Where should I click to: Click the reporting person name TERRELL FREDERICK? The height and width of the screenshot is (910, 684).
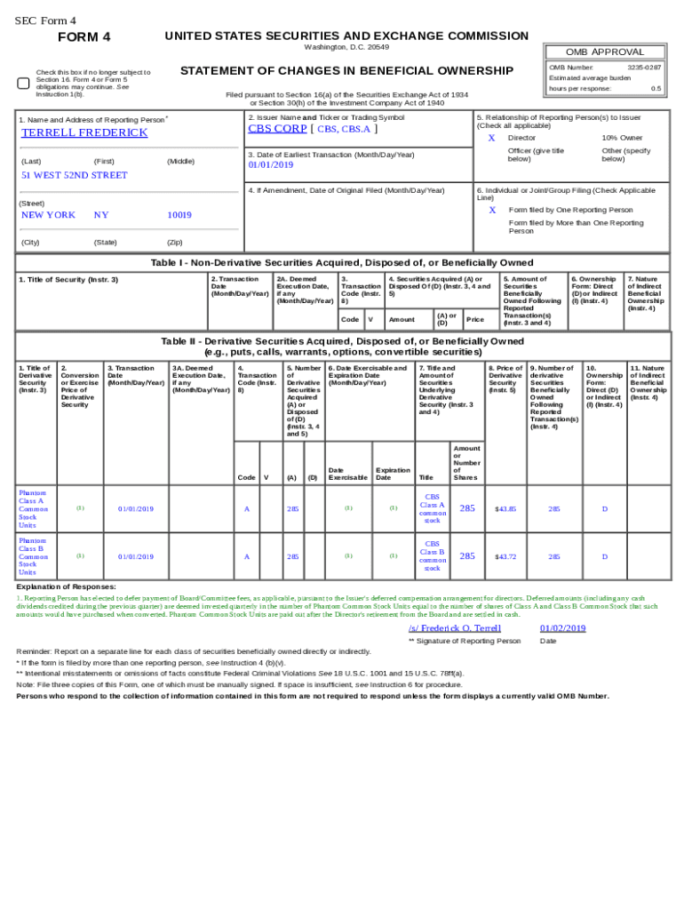pyautogui.click(x=84, y=132)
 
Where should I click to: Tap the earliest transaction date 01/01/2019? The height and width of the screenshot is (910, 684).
pyautogui.click(x=270, y=165)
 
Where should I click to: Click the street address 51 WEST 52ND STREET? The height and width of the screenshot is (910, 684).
pyautogui.click(x=75, y=175)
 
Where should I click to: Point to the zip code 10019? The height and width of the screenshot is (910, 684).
pyautogui.click(x=179, y=215)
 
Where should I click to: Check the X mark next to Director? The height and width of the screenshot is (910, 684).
pyautogui.click(x=491, y=139)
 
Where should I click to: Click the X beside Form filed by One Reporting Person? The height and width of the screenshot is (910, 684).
pyautogui.click(x=492, y=211)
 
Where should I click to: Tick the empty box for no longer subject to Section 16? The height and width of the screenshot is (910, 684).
pyautogui.click(x=24, y=83)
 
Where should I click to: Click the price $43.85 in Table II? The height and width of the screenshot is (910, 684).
pyautogui.click(x=505, y=508)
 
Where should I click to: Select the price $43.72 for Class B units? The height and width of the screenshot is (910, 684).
pyautogui.click(x=505, y=556)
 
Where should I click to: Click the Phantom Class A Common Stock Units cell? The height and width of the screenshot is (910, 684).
pyautogui.click(x=33, y=508)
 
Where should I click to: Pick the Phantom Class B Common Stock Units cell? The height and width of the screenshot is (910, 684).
pyautogui.click(x=33, y=556)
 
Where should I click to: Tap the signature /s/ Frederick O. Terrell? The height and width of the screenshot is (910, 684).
pyautogui.click(x=454, y=628)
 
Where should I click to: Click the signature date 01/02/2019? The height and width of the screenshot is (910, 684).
pyautogui.click(x=562, y=628)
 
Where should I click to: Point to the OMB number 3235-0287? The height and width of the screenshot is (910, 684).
pyautogui.click(x=644, y=68)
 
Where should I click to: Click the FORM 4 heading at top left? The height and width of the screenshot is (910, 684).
pyautogui.click(x=84, y=37)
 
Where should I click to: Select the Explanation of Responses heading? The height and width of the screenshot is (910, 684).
pyautogui.click(x=66, y=587)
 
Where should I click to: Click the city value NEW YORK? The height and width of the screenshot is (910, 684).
pyautogui.click(x=48, y=215)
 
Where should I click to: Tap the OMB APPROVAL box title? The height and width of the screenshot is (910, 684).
pyautogui.click(x=606, y=52)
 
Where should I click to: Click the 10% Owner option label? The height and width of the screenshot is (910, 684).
pyautogui.click(x=622, y=139)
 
